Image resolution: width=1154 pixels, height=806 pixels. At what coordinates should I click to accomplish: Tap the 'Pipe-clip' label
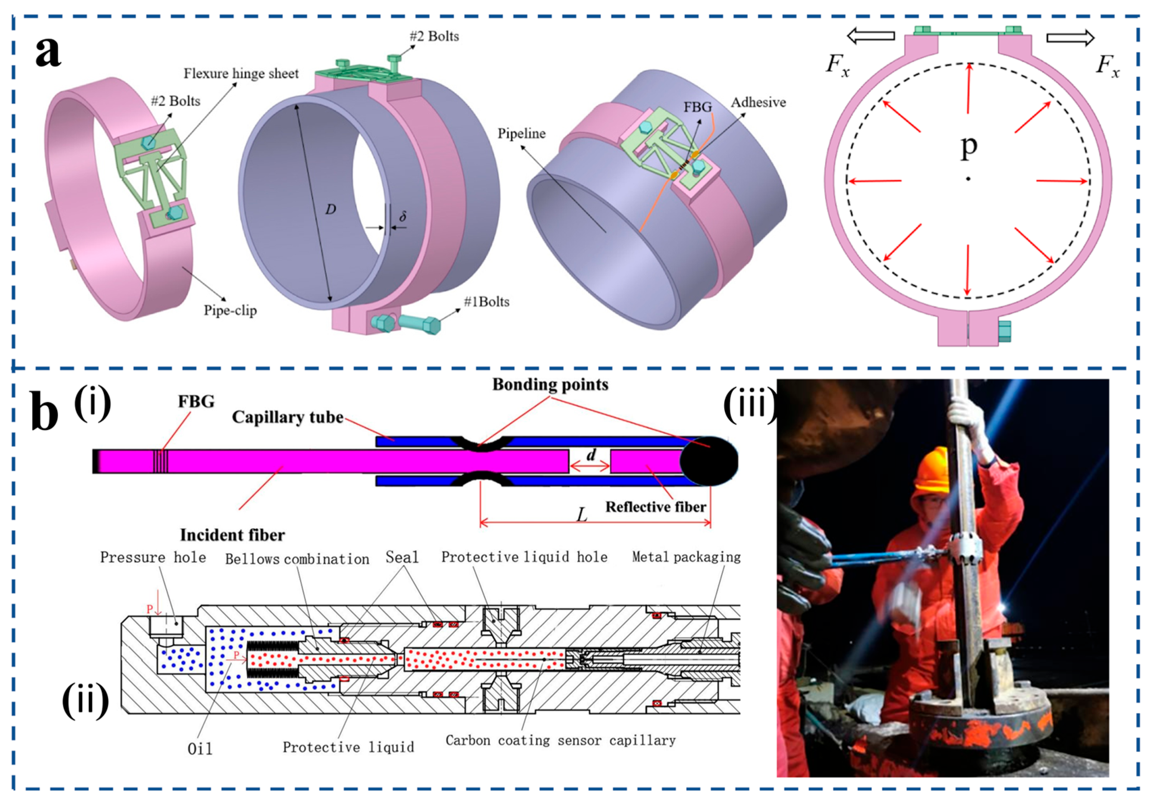coord(230,310)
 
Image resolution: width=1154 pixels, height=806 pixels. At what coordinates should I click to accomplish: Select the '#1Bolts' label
coord(486,301)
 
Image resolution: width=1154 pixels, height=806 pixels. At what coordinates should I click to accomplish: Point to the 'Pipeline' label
coord(521,133)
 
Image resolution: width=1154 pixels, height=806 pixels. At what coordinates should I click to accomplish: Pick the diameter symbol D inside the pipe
coord(330,209)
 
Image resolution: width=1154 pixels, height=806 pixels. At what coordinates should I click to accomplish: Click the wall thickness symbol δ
coord(403,217)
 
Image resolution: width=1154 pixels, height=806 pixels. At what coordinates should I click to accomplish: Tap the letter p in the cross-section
coord(968,147)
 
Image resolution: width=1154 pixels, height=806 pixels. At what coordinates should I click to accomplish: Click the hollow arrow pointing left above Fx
coord(871,36)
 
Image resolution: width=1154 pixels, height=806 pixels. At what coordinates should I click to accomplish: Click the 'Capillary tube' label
coord(288,417)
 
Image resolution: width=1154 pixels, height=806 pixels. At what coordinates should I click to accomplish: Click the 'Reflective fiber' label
coord(655,507)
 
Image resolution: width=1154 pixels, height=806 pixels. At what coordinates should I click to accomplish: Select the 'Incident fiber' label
coord(232,535)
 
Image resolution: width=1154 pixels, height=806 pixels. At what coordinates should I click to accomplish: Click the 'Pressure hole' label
coord(153,557)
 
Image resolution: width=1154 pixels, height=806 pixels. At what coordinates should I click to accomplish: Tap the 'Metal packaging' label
coord(686,557)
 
